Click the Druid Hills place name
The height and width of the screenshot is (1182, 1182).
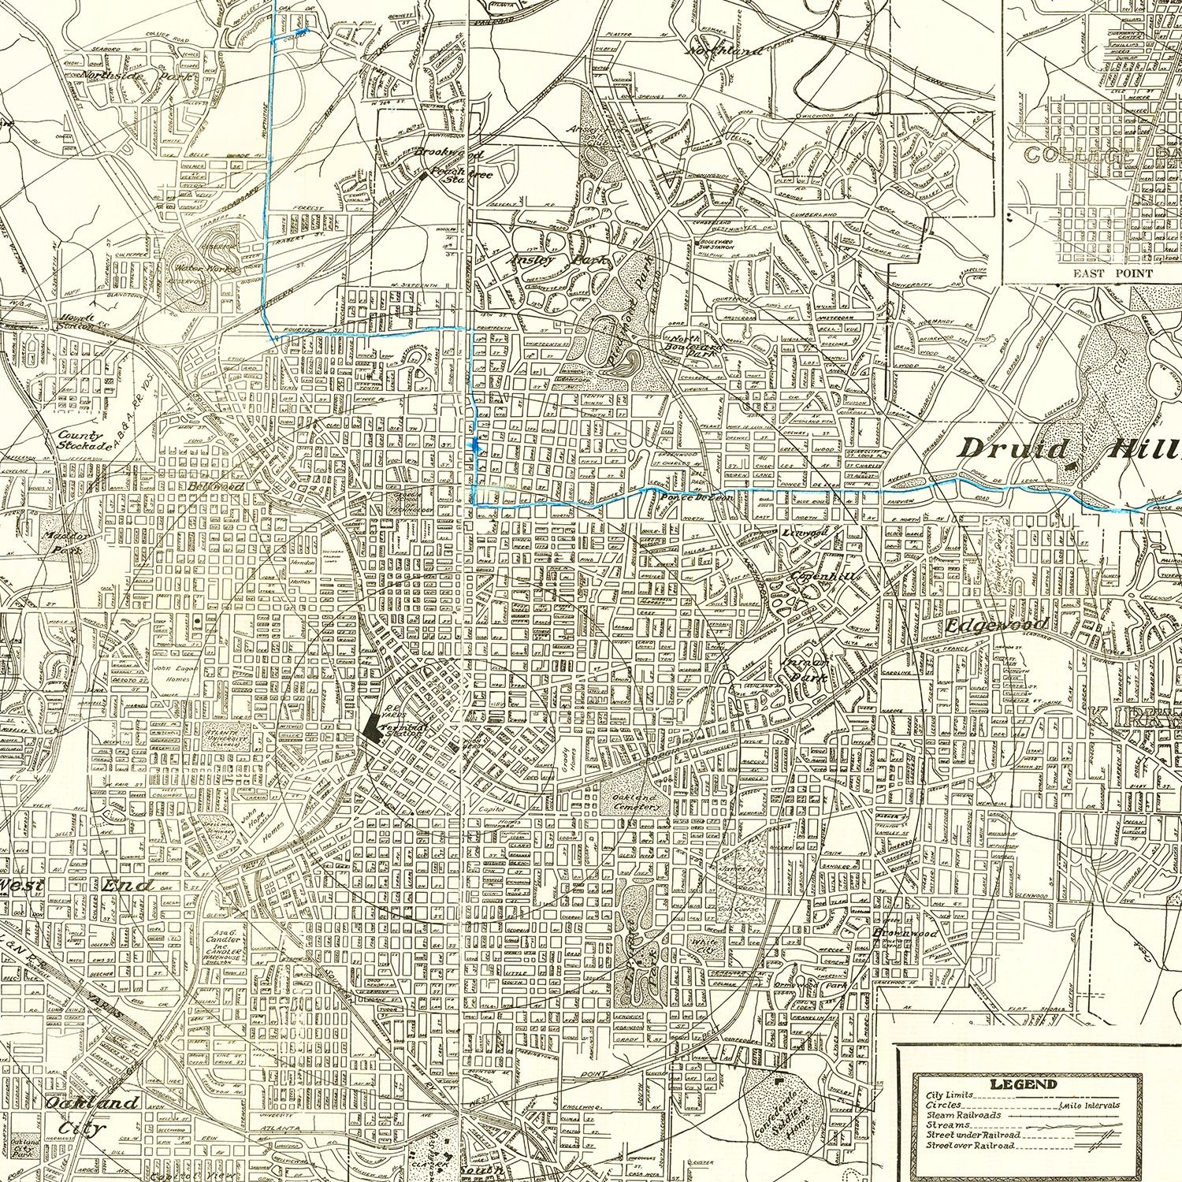point(1072,450)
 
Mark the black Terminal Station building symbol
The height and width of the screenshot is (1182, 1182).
point(373,726)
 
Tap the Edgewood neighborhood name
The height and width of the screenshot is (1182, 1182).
point(996,625)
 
